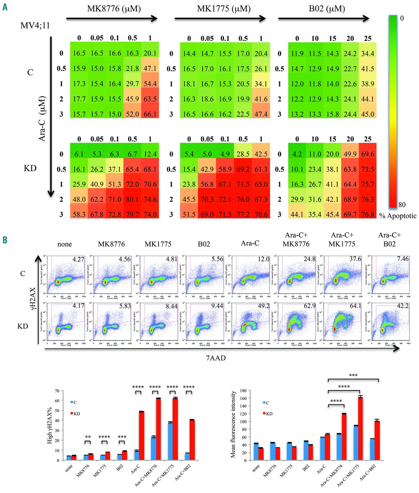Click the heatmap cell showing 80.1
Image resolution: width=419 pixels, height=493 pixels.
[x=132, y=199]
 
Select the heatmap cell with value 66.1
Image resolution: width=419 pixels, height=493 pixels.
[x=150, y=114]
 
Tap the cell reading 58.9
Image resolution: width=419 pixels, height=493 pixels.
[x=225, y=169]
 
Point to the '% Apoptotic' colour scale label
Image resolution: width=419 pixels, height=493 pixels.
[x=398, y=216]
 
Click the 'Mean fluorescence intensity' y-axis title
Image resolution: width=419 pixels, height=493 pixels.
[x=233, y=424]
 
